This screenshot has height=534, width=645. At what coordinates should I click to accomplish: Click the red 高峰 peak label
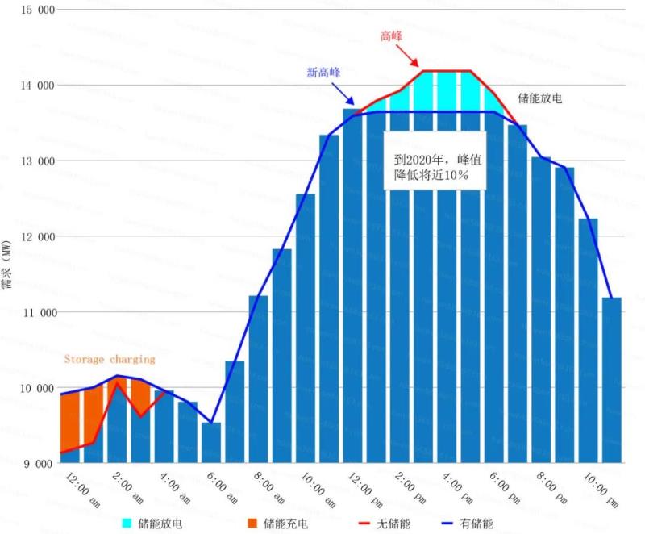click(x=391, y=36)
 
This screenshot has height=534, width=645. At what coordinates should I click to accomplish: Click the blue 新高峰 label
click(x=323, y=72)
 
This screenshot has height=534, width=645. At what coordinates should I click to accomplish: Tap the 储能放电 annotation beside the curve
click(x=539, y=98)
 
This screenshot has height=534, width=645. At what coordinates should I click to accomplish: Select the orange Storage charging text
click(x=109, y=359)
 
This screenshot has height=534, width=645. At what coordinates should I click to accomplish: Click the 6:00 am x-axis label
click(x=221, y=487)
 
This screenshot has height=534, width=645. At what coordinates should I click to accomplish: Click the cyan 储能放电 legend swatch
click(x=128, y=524)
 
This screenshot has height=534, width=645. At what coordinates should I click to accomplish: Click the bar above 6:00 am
click(x=211, y=443)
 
